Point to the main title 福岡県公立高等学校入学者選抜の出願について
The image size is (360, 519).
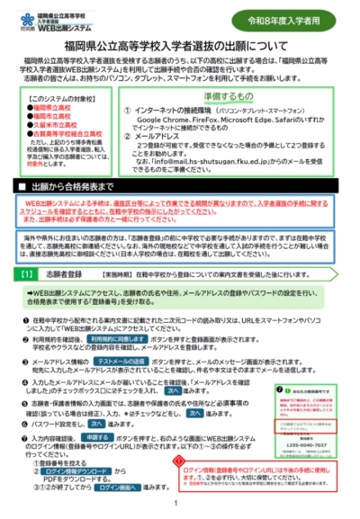pos(179,43)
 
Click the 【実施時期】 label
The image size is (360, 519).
pos(118,271)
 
